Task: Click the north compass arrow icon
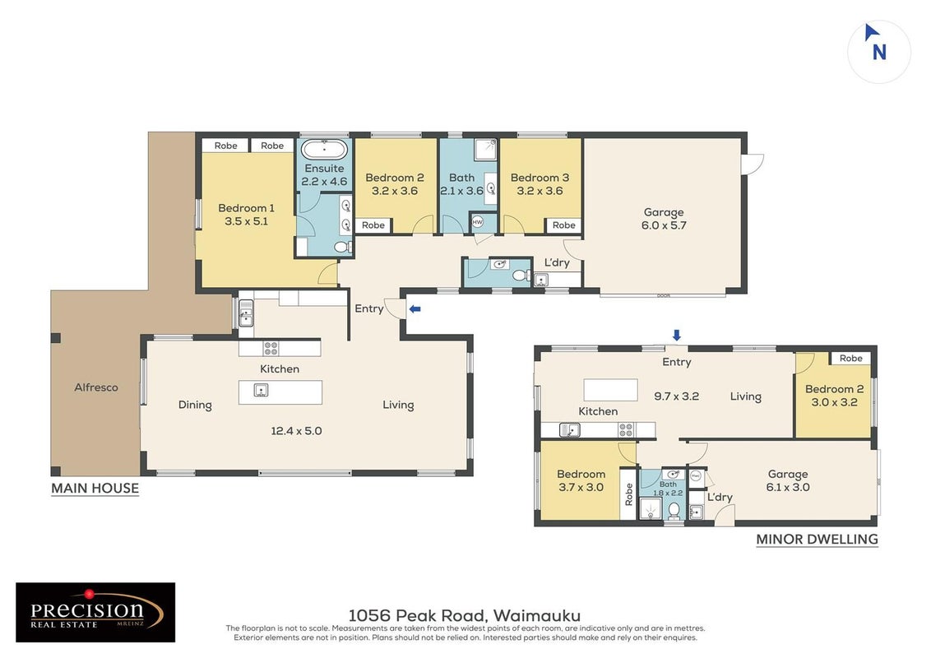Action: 871,32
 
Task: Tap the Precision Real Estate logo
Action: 95,612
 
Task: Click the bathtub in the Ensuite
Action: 324,149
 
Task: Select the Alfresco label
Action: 96,387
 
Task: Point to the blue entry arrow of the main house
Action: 415,308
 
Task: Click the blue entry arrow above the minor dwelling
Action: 676,336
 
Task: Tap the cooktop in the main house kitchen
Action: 271,348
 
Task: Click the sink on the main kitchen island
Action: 261,390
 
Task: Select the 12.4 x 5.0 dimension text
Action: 296,431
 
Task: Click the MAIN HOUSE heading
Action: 95,489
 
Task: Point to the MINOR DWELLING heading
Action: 817,540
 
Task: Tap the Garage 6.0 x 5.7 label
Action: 664,219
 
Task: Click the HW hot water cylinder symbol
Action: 477,222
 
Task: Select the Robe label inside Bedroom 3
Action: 563,225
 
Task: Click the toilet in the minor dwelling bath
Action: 674,510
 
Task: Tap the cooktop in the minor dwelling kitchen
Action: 626,430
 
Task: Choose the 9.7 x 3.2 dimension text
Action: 676,396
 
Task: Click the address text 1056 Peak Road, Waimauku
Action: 465,616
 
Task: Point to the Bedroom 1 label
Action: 247,215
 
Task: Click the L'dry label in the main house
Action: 557,262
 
